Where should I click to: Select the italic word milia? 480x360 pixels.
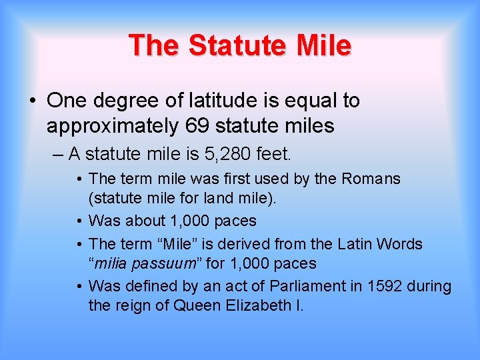(x=111, y=263)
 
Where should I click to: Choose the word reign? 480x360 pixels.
(x=133, y=307)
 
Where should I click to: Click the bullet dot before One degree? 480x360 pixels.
(x=33, y=101)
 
